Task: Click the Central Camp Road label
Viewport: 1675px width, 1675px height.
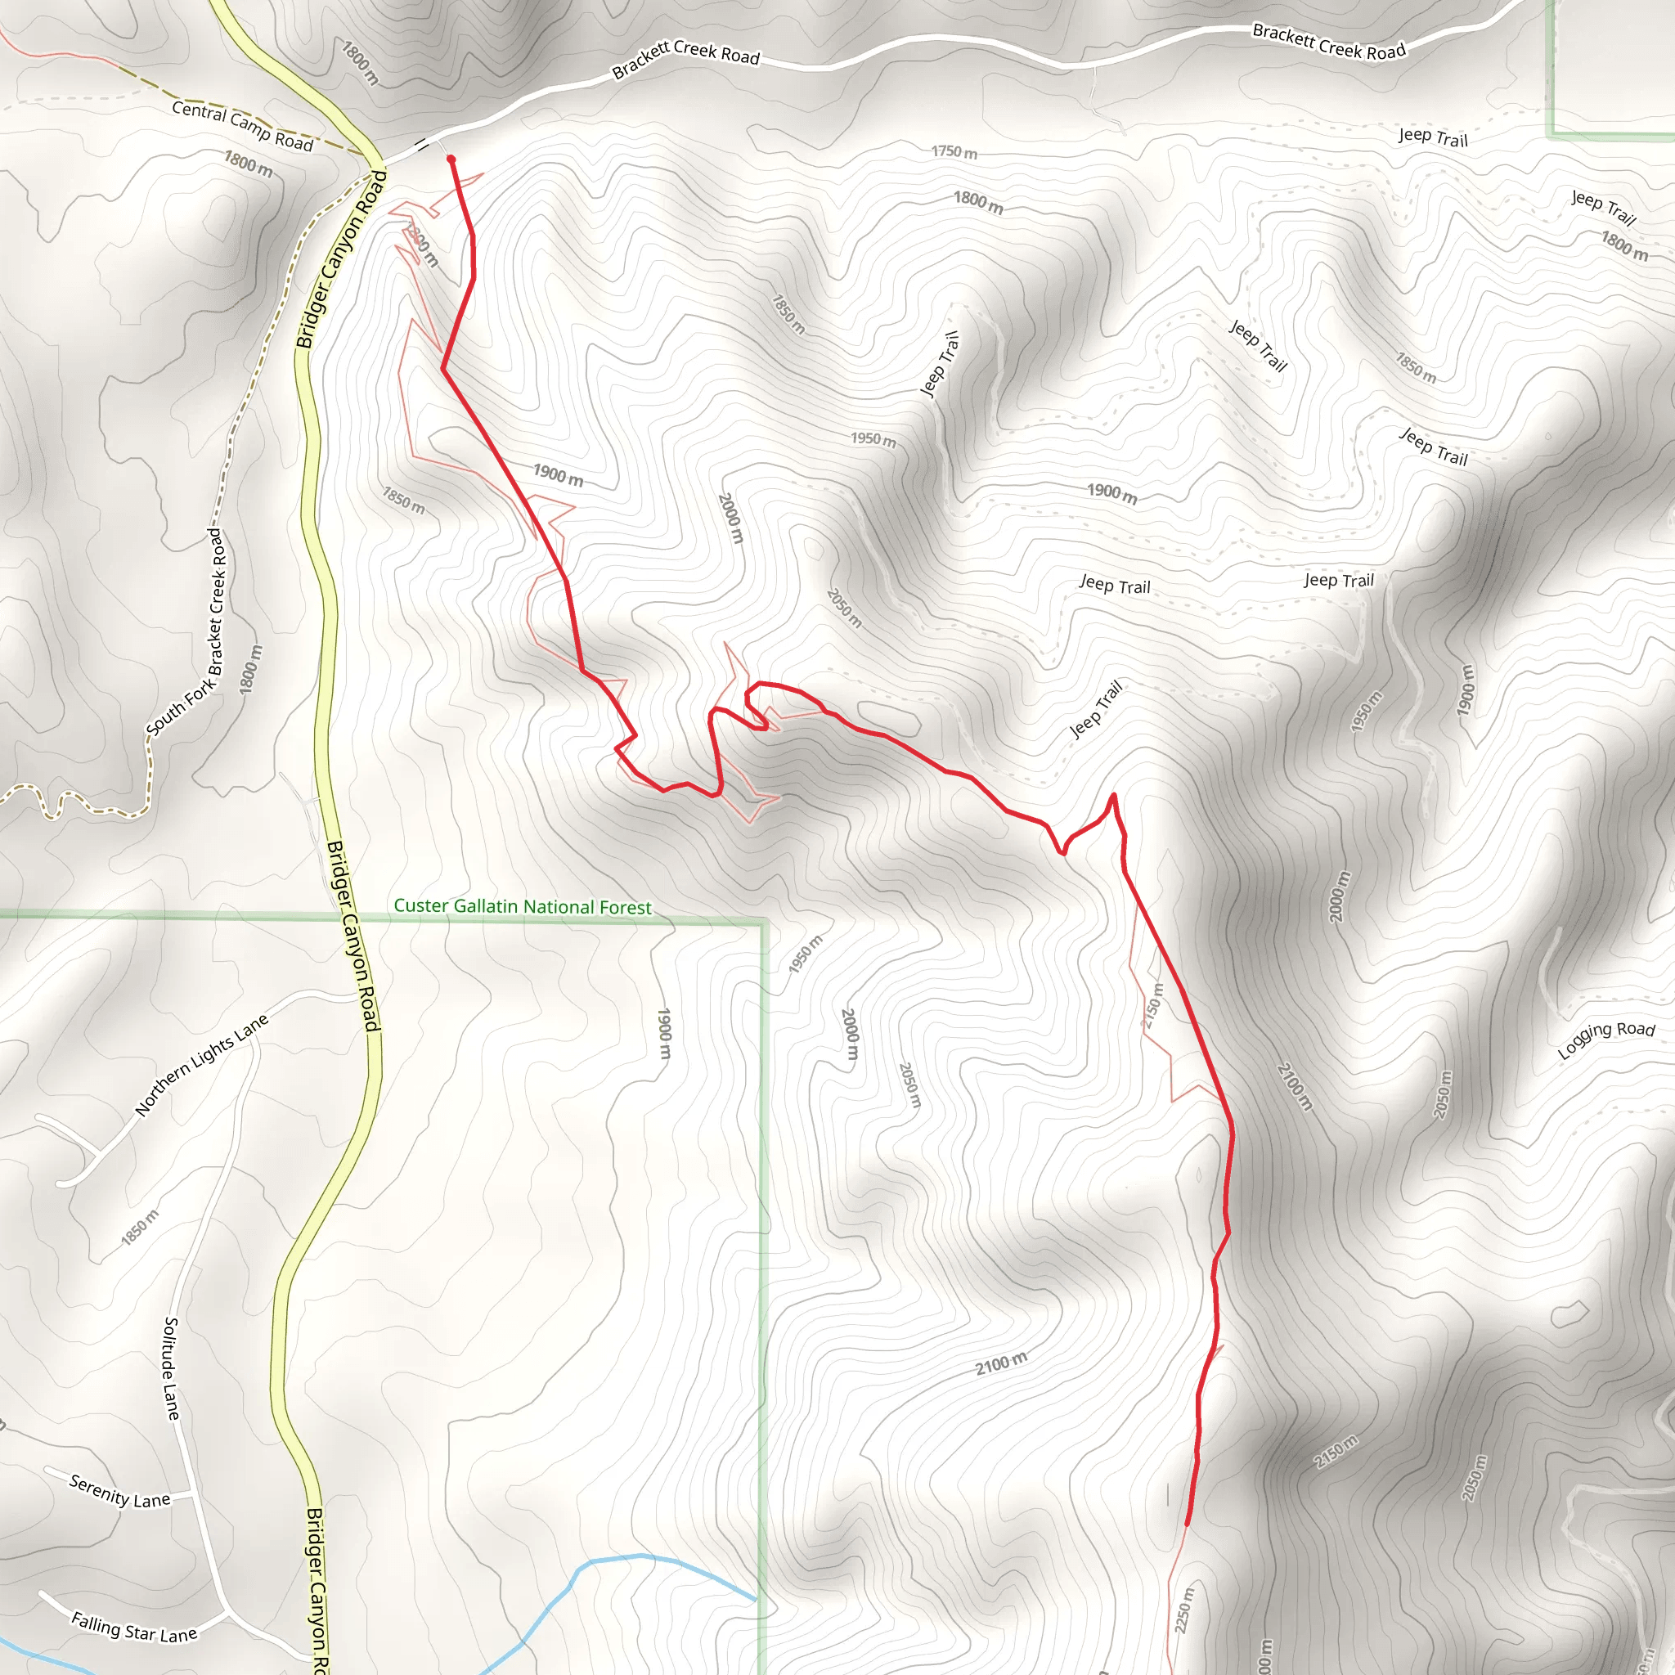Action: (242, 126)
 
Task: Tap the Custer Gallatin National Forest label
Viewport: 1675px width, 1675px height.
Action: (522, 907)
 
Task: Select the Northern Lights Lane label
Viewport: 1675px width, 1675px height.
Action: (201, 1065)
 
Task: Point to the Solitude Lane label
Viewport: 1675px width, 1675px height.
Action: (172, 1369)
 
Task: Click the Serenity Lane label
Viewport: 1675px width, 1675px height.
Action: (119, 1491)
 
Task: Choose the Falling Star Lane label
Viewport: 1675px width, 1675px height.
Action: (134, 1628)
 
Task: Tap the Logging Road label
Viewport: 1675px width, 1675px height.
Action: (1605, 1039)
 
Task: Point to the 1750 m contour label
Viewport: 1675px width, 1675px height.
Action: (954, 152)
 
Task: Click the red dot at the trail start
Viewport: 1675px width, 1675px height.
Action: (451, 159)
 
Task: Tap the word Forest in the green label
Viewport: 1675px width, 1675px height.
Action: (624, 908)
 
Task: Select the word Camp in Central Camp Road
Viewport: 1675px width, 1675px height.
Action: (249, 128)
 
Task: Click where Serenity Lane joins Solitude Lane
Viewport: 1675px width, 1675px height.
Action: (192, 1493)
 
